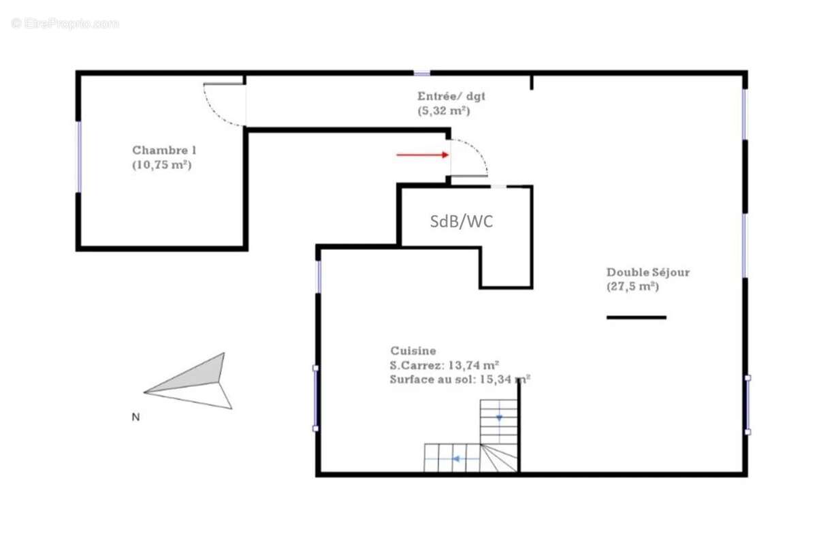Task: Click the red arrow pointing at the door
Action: (422, 155)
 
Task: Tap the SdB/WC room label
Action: (461, 221)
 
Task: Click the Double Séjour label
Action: (647, 272)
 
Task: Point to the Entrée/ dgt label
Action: (451, 97)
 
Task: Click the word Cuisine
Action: (413, 351)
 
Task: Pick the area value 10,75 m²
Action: (161, 165)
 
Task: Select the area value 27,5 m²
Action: (632, 287)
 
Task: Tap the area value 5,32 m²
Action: (444, 110)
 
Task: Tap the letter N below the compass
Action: (135, 418)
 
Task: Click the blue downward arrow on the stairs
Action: (499, 417)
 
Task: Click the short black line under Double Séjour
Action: (636, 317)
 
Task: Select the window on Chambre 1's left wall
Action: (79, 157)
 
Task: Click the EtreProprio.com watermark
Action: (65, 23)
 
